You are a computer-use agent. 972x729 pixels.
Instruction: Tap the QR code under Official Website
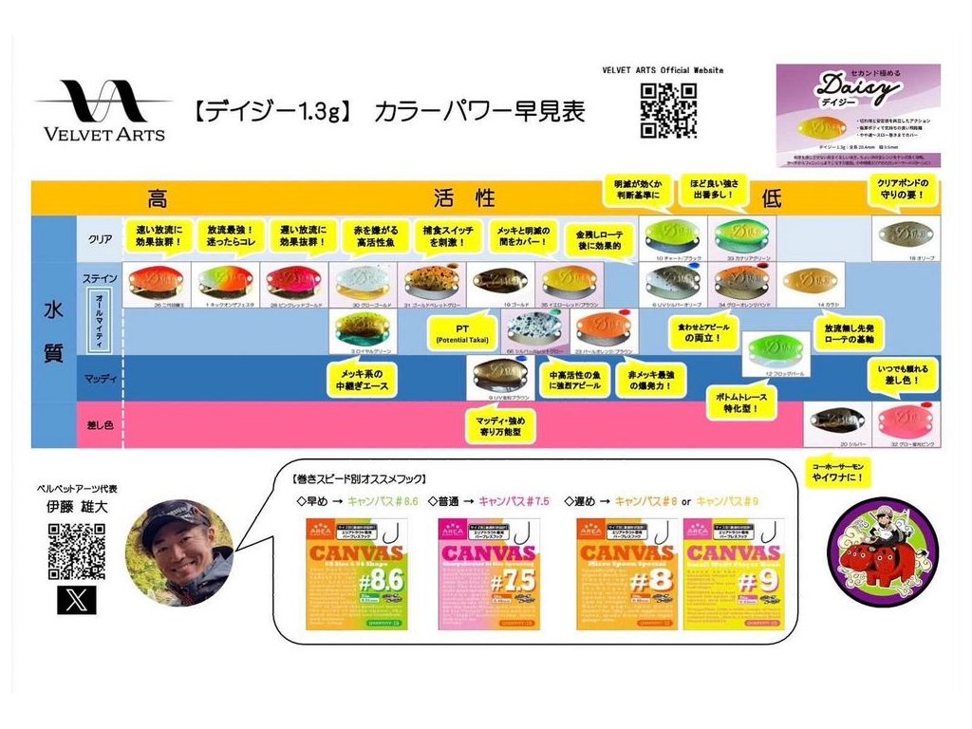(x=668, y=109)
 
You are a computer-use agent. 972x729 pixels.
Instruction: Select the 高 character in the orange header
(x=157, y=197)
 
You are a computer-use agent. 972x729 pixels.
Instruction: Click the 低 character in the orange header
(x=770, y=197)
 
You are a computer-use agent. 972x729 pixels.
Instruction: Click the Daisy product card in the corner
(x=857, y=115)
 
